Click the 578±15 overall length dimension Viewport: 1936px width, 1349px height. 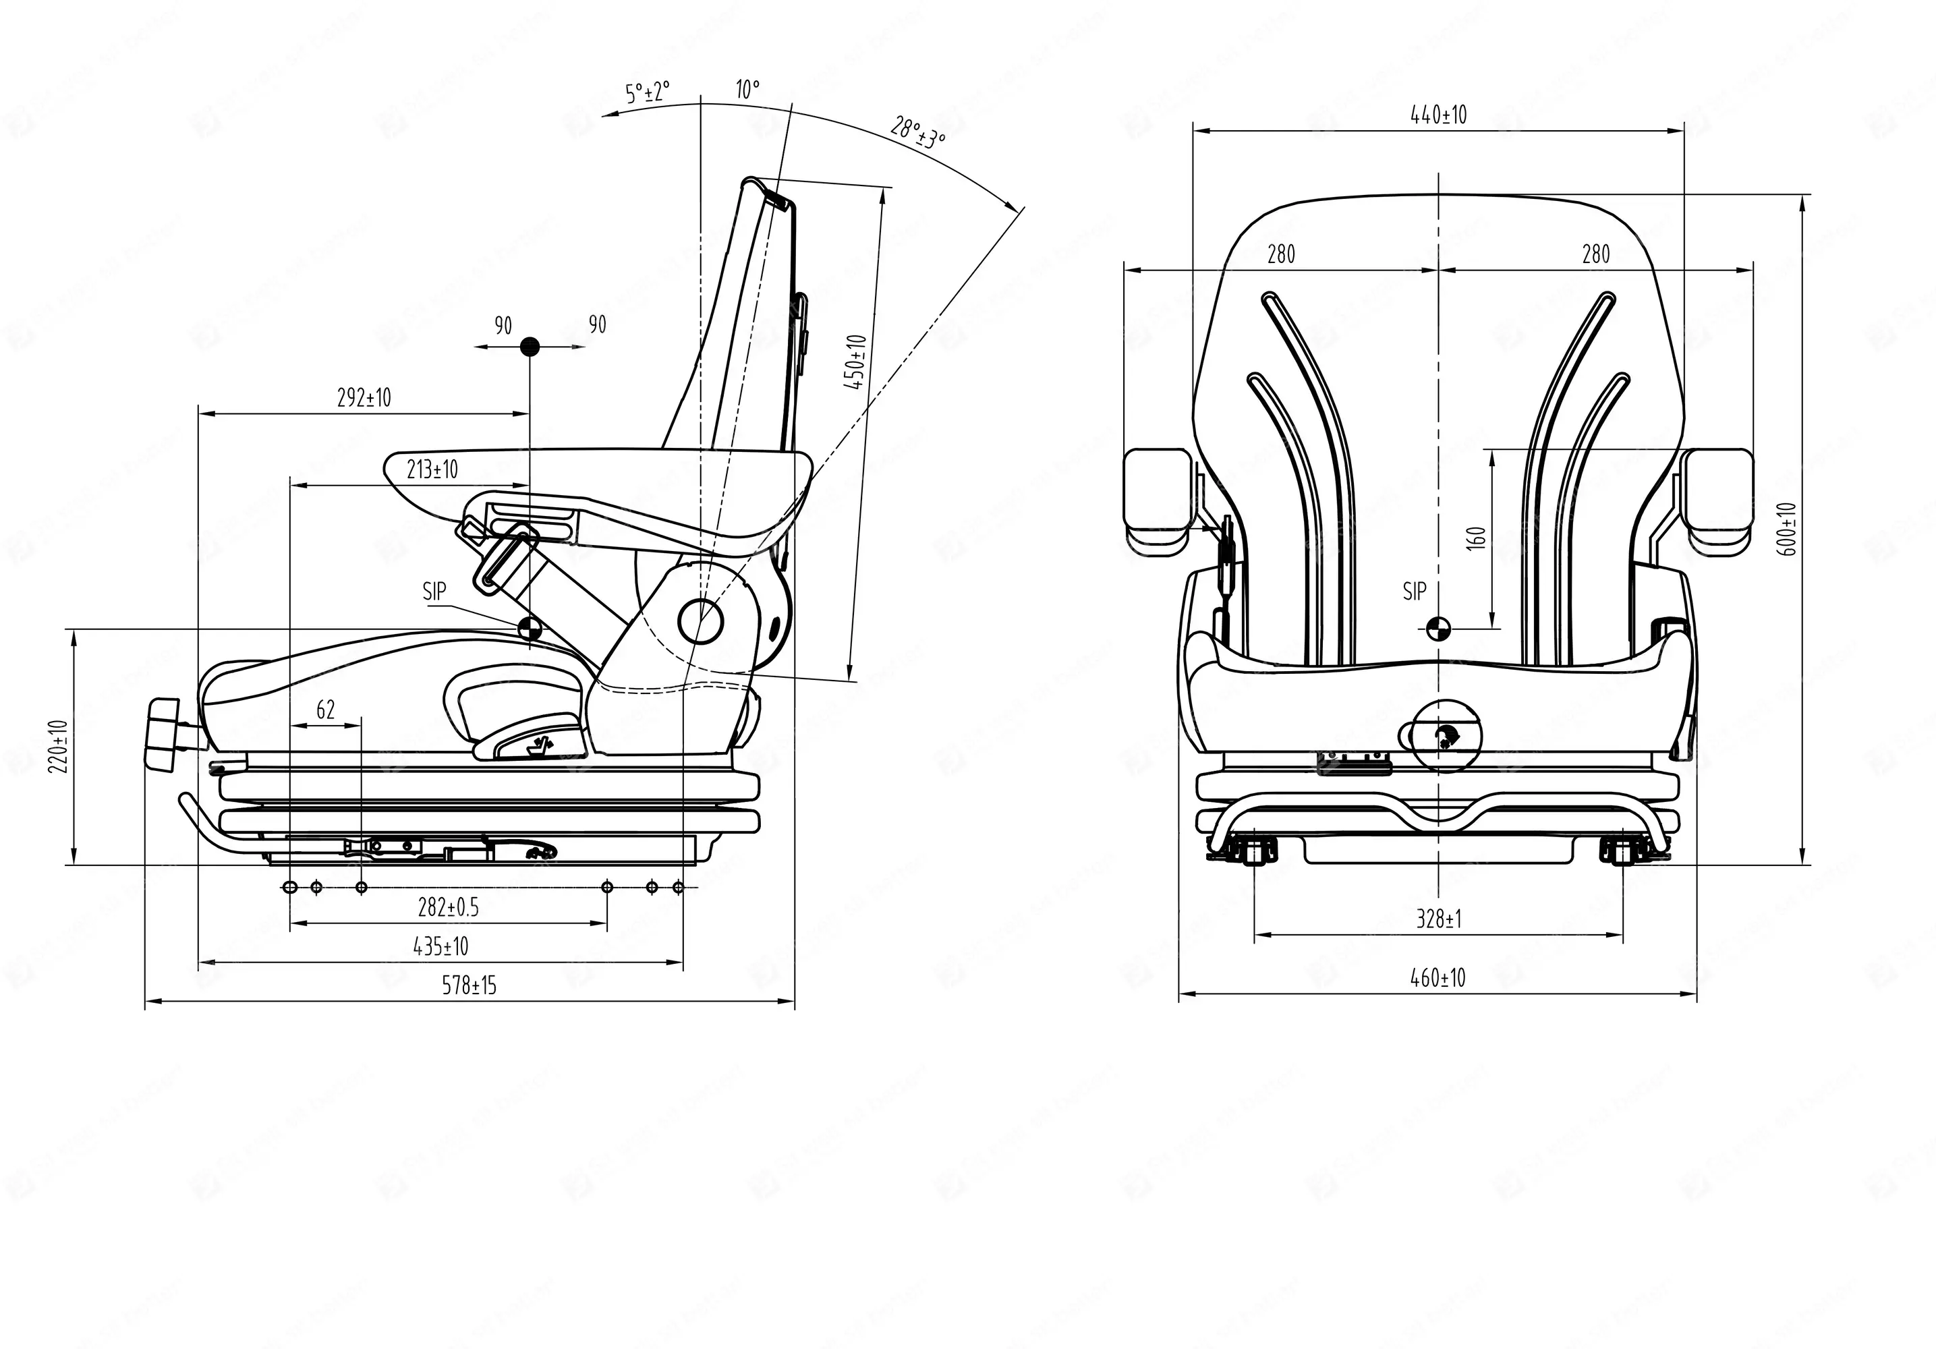tap(469, 985)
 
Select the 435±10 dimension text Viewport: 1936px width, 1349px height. tap(440, 946)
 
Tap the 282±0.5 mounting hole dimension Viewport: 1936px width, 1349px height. tap(448, 907)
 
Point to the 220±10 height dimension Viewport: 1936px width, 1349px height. tap(57, 748)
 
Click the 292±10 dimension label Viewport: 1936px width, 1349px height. tap(364, 398)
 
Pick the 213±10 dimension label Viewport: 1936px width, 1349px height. tap(432, 469)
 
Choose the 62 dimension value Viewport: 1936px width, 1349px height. tap(325, 710)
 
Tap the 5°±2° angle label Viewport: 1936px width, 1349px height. tap(647, 91)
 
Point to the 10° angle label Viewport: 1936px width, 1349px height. tap(747, 88)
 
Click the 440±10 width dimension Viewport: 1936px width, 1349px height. tap(1438, 115)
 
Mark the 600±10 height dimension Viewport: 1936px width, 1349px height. tap(1788, 529)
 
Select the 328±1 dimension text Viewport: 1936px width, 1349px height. tap(1438, 919)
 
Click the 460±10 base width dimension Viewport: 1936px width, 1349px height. tap(1437, 978)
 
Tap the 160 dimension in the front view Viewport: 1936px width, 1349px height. tap(1477, 538)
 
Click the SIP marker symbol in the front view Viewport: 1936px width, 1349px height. tap(1437, 627)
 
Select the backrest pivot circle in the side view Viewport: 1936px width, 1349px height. tap(701, 620)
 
